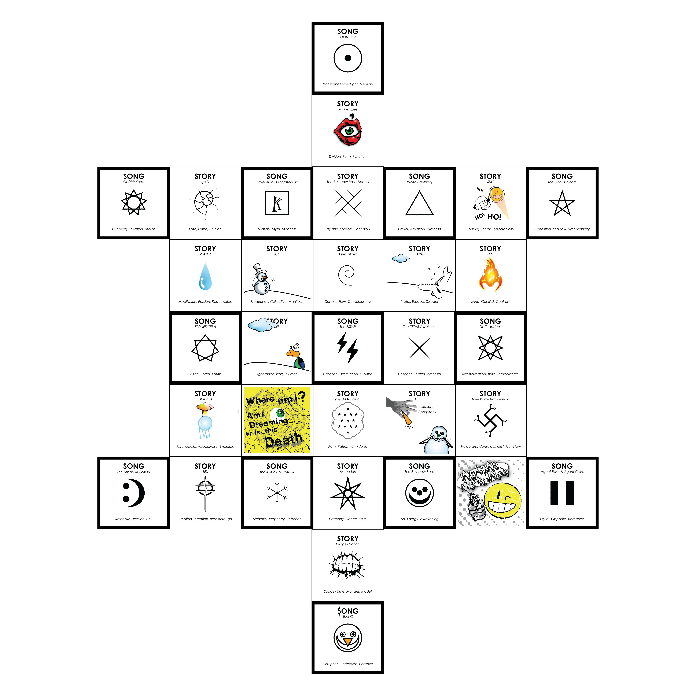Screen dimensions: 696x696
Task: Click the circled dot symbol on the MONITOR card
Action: click(x=348, y=58)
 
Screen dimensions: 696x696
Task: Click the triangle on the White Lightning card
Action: click(x=419, y=204)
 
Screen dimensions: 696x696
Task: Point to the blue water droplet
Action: click(x=205, y=277)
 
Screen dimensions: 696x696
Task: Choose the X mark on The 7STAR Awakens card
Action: click(x=419, y=348)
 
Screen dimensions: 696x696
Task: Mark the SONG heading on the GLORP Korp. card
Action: click(x=134, y=176)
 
